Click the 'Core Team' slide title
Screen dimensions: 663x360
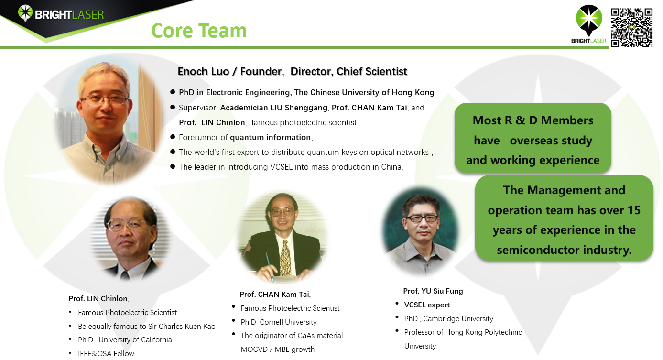pyautogui.click(x=199, y=31)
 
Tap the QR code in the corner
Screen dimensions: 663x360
pyautogui.click(x=632, y=28)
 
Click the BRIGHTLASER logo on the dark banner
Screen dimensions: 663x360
pyautogui.click(x=61, y=13)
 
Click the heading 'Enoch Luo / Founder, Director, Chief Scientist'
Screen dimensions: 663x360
pyautogui.click(x=292, y=71)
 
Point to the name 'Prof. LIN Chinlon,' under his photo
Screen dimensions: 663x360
pyautogui.click(x=99, y=298)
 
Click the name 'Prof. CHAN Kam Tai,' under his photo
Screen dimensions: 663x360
pyautogui.click(x=275, y=295)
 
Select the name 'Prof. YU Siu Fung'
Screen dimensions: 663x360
pyautogui.click(x=433, y=291)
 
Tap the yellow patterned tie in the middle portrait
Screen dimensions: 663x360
pyautogui.click(x=285, y=258)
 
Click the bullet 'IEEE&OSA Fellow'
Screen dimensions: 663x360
pyautogui.click(x=106, y=353)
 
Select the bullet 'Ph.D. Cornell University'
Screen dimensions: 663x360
pyautogui.click(x=279, y=322)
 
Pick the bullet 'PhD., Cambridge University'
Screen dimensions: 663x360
pyautogui.click(x=449, y=319)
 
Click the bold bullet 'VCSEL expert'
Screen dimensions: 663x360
pyautogui.click(x=427, y=305)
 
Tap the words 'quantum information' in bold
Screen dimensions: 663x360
pyautogui.click(x=270, y=137)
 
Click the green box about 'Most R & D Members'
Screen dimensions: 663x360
pyautogui.click(x=533, y=138)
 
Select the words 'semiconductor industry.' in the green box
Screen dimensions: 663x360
pyautogui.click(x=564, y=250)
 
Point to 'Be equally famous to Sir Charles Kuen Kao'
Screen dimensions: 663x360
pyautogui.click(x=147, y=326)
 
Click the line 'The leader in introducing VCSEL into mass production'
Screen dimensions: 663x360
pyautogui.click(x=291, y=167)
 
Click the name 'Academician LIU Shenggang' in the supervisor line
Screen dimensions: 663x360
pyautogui.click(x=274, y=108)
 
